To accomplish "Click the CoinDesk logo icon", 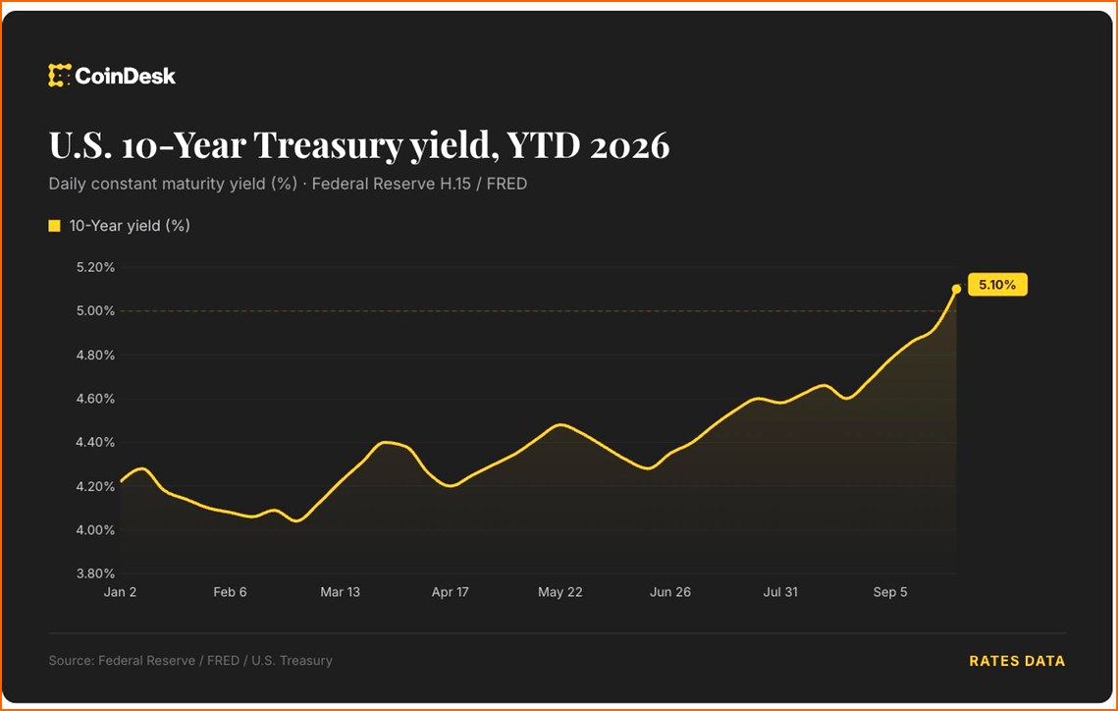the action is (60, 76).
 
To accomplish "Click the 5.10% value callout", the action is (997, 285).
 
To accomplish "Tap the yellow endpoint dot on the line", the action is (956, 289).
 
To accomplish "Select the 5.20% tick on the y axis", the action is (95, 267).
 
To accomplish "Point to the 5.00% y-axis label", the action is (95, 311).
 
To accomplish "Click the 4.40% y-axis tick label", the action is (95, 442).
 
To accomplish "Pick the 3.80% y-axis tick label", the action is (95, 574).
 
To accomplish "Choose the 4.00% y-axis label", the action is (95, 530).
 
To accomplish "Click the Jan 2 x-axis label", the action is (120, 592).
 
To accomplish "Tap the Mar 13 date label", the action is (340, 592).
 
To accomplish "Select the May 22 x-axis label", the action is (559, 592).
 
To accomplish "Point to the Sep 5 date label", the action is (890, 592).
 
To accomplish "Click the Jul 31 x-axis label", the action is (780, 592).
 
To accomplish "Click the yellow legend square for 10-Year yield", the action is (54, 226).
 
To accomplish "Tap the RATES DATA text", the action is (1017, 661).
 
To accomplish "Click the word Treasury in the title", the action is (328, 146).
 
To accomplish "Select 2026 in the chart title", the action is (629, 145).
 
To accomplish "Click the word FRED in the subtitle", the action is (506, 184).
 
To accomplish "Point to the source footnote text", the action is (190, 660).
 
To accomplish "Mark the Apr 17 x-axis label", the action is (450, 592).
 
